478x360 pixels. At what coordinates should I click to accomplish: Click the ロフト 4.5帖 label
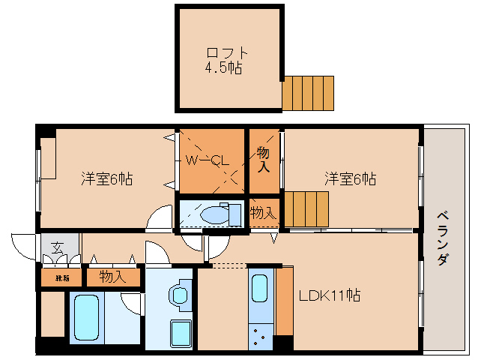[227, 60]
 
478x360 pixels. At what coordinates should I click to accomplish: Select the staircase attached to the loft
[307, 93]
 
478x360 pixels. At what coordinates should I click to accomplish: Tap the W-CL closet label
[207, 160]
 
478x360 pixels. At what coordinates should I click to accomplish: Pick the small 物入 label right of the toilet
[263, 213]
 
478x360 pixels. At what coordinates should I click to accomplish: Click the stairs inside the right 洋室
[306, 208]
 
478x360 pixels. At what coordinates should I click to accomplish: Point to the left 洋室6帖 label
[107, 179]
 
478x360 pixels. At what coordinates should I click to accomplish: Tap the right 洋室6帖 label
[350, 179]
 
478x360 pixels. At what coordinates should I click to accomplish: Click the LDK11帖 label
[330, 295]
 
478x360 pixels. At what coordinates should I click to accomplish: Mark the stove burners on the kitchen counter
[260, 336]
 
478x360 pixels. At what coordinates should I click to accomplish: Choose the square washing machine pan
[181, 334]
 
